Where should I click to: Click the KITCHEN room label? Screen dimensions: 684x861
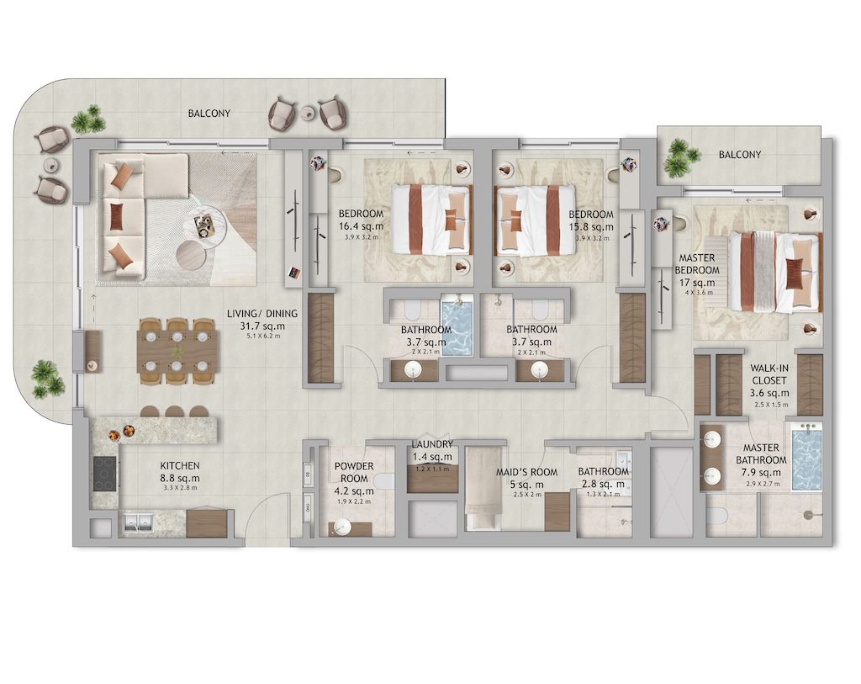pos(180,465)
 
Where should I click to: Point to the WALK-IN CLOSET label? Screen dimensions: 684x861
pos(769,374)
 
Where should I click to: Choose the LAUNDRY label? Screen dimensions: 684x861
pos(432,444)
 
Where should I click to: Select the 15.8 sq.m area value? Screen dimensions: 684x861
pos(590,226)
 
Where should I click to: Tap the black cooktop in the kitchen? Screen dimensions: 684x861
pos(105,473)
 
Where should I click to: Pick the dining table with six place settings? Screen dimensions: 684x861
pos(177,351)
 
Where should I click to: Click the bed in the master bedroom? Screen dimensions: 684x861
pos(774,272)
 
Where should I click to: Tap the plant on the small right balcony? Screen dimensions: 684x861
pos(680,156)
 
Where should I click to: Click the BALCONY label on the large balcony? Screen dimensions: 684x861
pos(209,113)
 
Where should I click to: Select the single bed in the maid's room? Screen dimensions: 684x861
pos(483,490)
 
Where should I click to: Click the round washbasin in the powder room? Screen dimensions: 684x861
pos(342,528)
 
